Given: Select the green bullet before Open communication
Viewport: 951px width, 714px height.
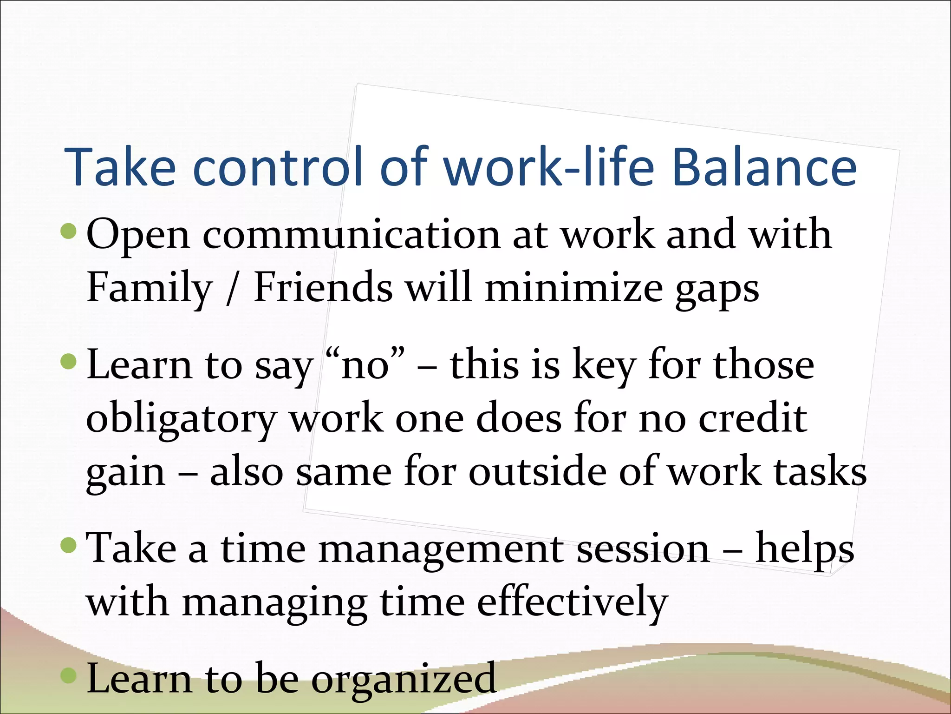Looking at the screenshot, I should click(69, 231).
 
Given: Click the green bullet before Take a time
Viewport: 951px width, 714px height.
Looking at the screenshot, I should click(69, 545).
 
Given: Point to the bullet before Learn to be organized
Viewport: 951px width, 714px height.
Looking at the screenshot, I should click(69, 675).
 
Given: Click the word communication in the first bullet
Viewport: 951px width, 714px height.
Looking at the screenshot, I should click(352, 235).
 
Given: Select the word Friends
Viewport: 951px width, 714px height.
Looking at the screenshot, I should click(323, 287).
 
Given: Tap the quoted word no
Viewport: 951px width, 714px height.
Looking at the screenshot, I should click(365, 365).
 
